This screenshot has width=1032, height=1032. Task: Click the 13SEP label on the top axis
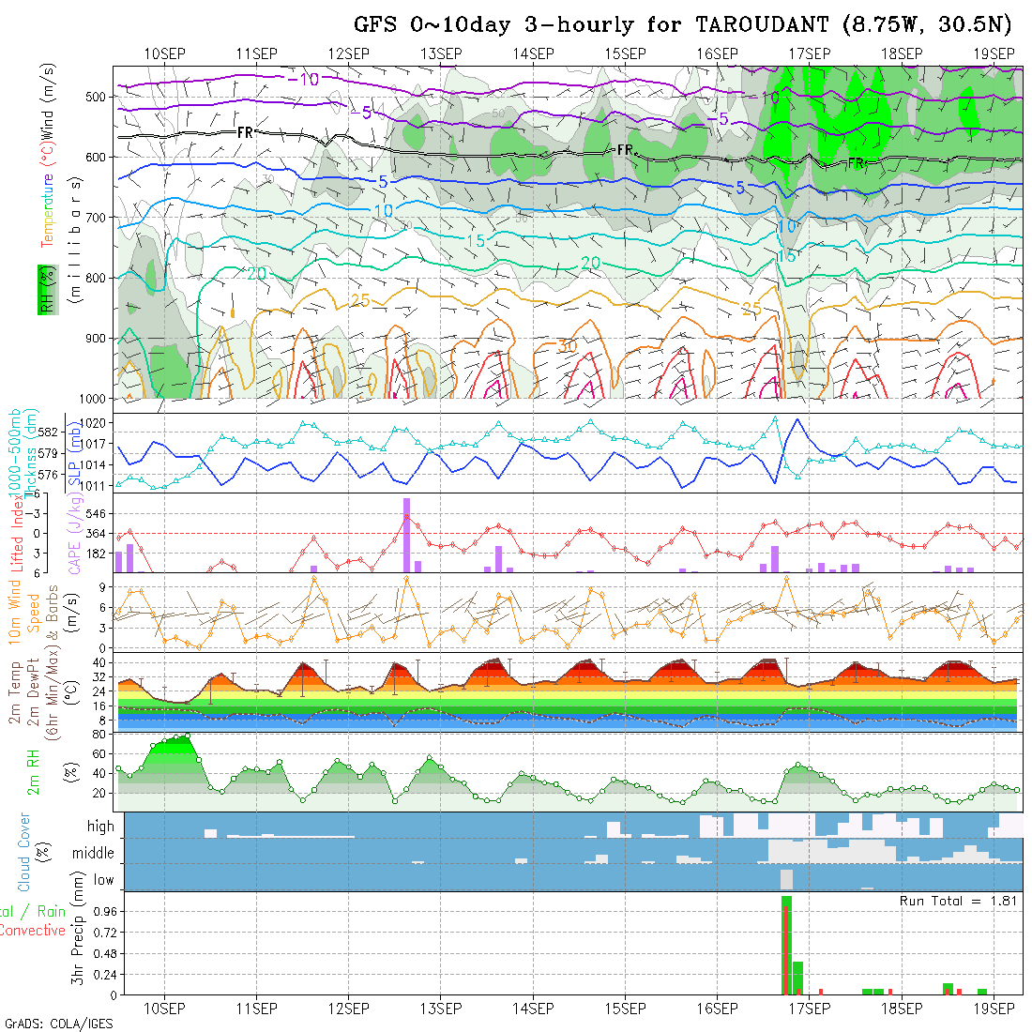(x=441, y=53)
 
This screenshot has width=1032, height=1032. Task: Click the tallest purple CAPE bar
(x=406, y=534)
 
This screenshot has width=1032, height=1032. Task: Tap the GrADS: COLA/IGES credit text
(x=57, y=1023)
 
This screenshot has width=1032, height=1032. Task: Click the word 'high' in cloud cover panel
(x=99, y=827)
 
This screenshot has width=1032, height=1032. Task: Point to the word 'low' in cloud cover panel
(x=102, y=879)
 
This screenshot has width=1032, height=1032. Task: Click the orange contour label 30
(x=567, y=346)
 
